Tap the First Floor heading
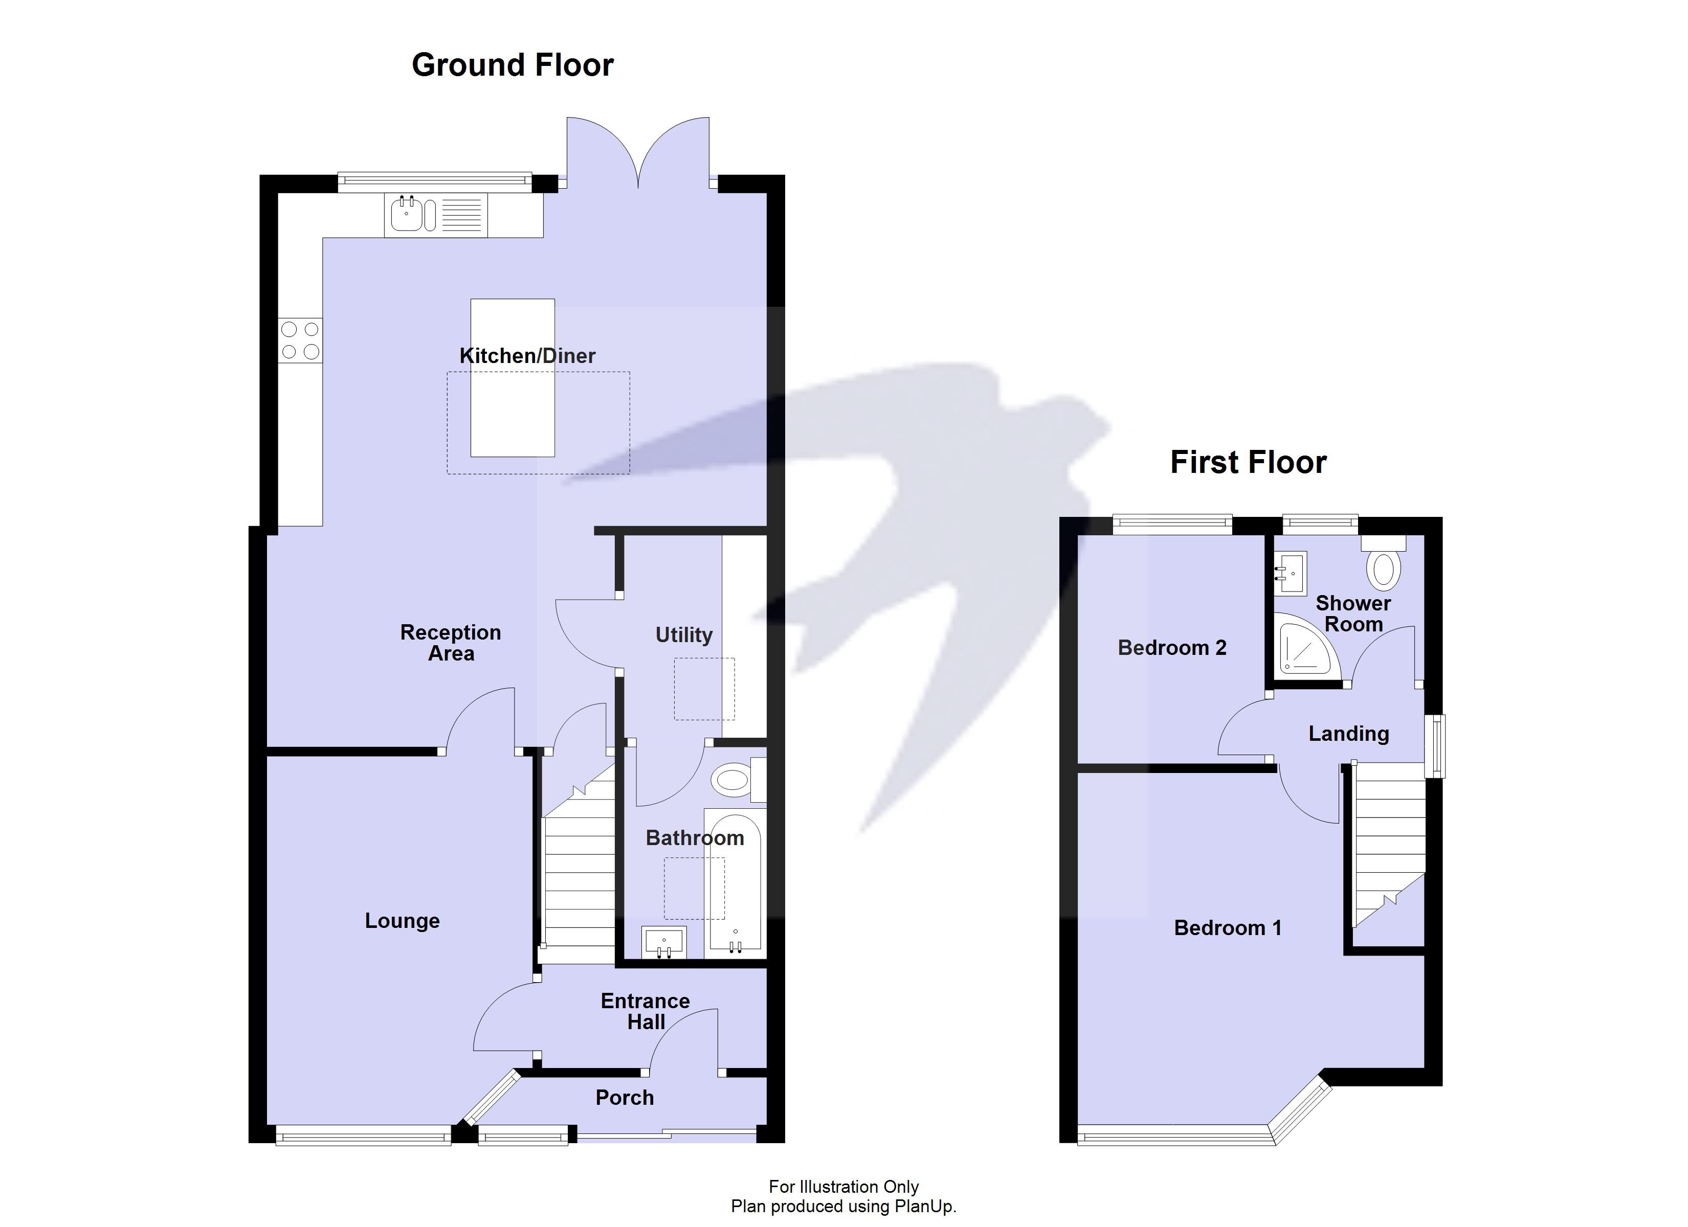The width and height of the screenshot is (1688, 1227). (x=1248, y=462)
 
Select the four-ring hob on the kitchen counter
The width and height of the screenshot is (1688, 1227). (x=300, y=340)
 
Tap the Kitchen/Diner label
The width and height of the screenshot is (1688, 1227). (x=527, y=356)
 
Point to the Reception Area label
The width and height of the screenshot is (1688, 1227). (x=450, y=642)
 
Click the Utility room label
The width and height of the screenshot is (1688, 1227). (x=683, y=634)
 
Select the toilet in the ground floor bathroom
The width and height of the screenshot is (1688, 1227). (x=733, y=780)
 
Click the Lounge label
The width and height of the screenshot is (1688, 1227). (x=402, y=920)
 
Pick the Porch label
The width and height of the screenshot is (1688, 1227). (x=625, y=1098)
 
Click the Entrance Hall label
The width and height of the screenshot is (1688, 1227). (x=646, y=1011)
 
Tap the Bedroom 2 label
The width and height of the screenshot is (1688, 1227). (x=1171, y=647)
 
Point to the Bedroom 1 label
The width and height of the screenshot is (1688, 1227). (x=1227, y=928)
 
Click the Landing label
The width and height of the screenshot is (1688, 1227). (x=1349, y=734)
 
